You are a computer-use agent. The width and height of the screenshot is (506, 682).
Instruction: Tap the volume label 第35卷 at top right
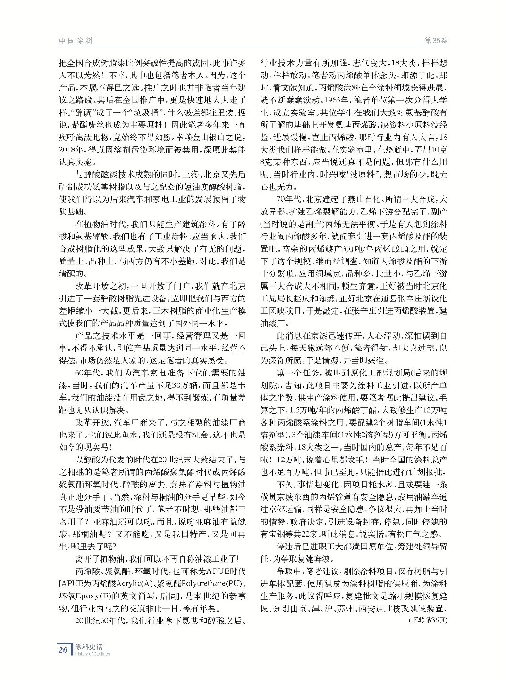(436, 41)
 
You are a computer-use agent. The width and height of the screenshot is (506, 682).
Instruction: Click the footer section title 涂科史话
(89, 646)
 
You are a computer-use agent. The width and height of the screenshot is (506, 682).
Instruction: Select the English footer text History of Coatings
(92, 654)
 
